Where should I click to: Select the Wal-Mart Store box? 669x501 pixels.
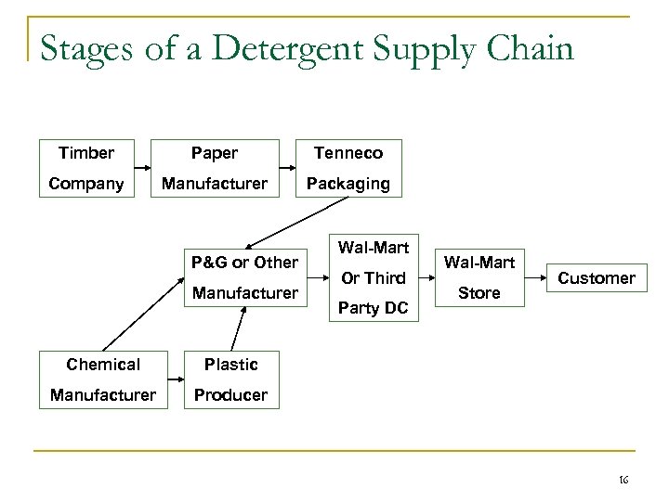pyautogui.click(x=479, y=277)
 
